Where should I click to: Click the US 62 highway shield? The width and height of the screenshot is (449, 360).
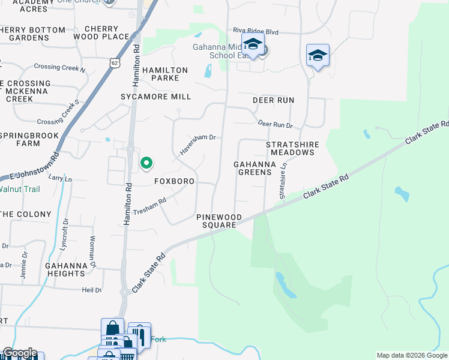[115, 62]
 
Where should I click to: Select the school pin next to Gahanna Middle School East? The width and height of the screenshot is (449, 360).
[253, 44]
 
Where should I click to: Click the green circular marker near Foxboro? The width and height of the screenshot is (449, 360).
[146, 163]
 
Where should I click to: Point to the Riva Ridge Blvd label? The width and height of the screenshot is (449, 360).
[256, 31]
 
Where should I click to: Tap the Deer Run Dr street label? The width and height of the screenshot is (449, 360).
[275, 124]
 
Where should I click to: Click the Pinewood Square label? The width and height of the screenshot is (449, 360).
[218, 221]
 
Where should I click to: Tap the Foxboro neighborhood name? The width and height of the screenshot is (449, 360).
[175, 181]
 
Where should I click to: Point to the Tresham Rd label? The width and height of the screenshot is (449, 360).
[149, 206]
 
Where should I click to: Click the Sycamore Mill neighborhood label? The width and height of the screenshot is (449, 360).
[155, 97]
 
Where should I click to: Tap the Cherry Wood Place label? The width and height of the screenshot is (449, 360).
[107, 32]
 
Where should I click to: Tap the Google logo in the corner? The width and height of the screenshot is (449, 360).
[19, 353]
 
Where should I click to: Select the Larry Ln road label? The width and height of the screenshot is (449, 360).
[59, 179]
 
